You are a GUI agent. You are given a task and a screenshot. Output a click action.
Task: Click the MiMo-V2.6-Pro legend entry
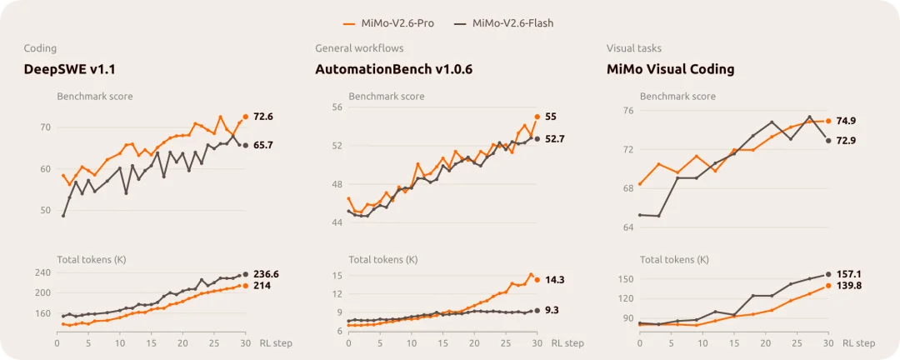click(388, 23)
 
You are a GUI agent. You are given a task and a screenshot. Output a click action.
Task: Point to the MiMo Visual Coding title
click(670, 69)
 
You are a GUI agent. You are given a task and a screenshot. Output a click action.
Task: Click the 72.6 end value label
click(262, 117)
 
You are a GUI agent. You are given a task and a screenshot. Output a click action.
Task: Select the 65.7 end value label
click(262, 145)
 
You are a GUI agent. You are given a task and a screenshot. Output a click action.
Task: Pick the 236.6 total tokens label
click(267, 274)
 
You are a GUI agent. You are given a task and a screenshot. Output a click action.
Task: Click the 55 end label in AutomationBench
click(551, 117)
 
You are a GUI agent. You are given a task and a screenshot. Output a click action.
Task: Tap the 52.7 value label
click(554, 138)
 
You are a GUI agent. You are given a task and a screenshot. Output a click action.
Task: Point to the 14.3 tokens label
click(554, 280)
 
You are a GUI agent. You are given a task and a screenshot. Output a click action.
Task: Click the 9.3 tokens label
click(552, 310)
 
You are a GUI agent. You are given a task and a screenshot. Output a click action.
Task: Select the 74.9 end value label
click(846, 121)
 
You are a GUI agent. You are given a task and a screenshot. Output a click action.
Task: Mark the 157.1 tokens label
click(848, 274)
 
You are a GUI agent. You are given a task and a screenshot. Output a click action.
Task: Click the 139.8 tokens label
click(849, 285)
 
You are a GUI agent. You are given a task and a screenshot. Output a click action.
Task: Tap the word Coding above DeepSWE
click(40, 49)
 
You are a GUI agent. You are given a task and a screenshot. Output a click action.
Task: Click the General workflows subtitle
click(359, 48)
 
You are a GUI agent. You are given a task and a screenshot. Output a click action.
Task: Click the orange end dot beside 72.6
click(246, 117)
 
